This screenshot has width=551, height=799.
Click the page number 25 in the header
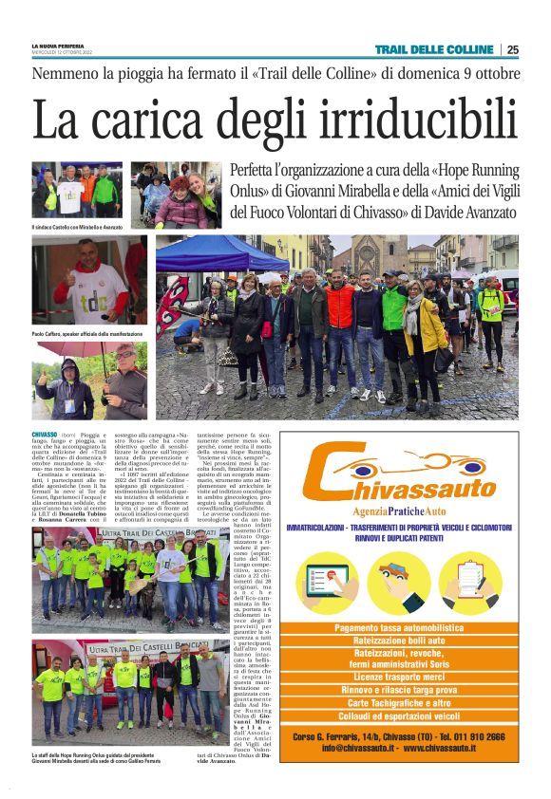pyautogui.click(x=512, y=49)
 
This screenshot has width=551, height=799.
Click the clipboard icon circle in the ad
pyautogui.click(x=470, y=582)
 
